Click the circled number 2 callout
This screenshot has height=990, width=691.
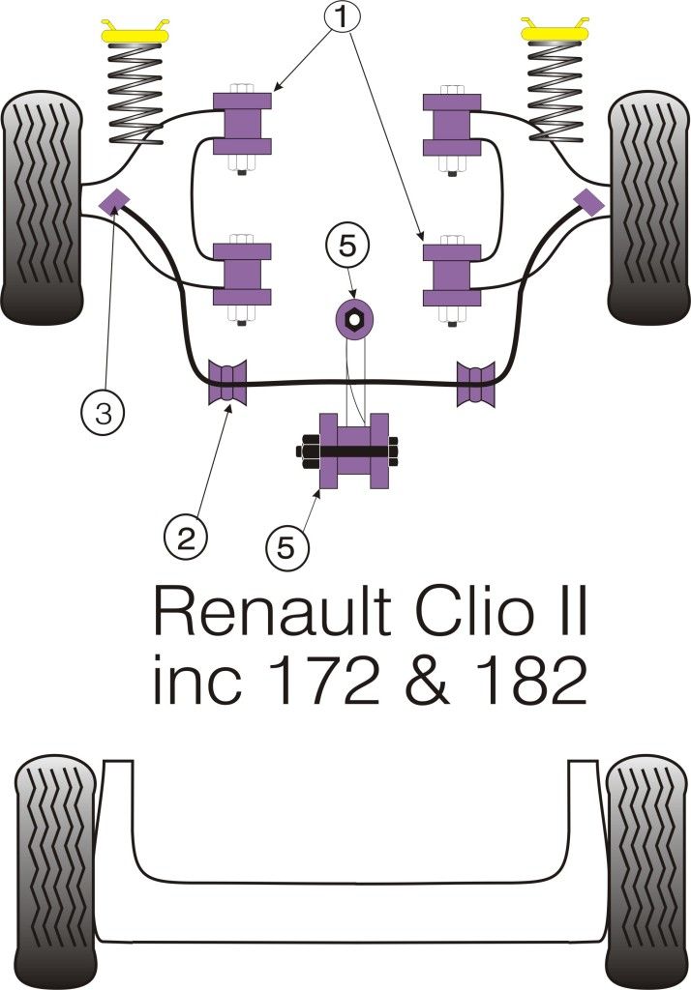point(185,535)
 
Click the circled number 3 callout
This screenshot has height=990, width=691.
point(103,414)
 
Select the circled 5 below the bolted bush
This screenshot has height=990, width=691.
point(287,547)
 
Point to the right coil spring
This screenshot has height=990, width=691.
point(556,94)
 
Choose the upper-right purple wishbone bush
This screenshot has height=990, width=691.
point(452,121)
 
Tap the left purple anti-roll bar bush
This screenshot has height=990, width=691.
point(228,382)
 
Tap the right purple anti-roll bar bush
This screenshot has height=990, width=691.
point(475,382)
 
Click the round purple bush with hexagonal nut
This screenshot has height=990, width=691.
point(355,318)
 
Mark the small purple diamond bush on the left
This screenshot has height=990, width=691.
point(115,200)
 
